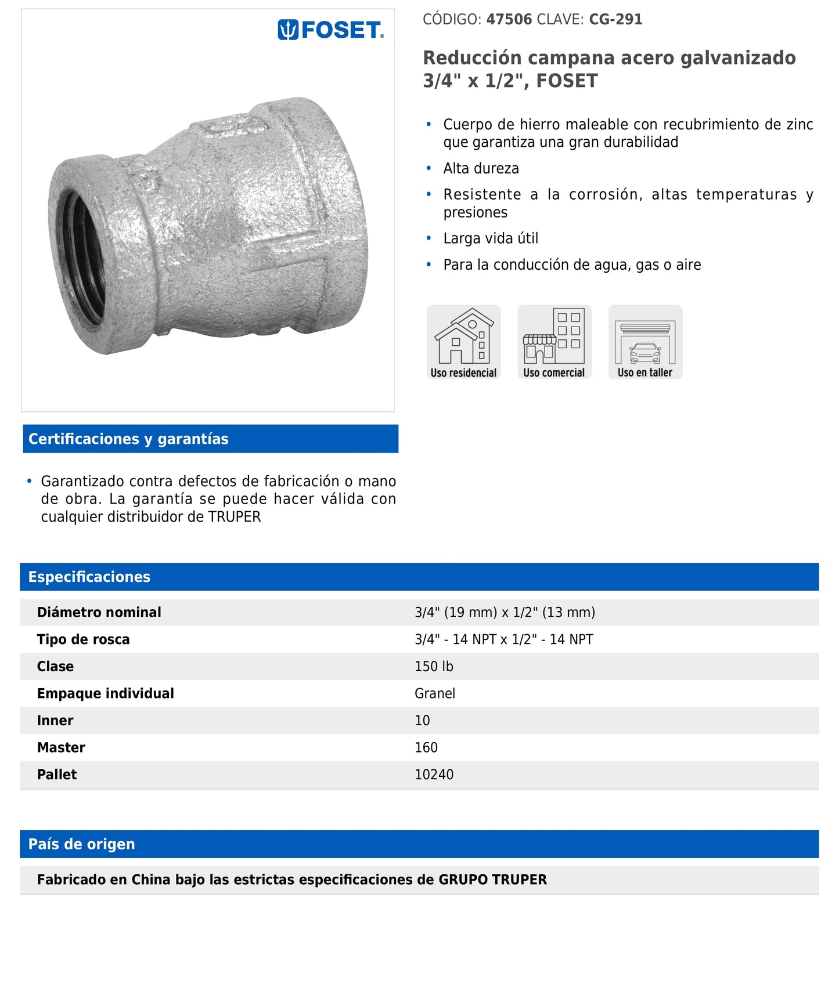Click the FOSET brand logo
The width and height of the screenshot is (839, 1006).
(330, 30)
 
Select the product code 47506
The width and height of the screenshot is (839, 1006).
(509, 20)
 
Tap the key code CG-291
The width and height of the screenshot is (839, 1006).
(615, 20)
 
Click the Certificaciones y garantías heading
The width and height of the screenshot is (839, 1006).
(128, 439)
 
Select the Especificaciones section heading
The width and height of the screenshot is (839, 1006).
(89, 577)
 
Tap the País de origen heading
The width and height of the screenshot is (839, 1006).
(82, 844)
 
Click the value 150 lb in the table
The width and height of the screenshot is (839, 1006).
(434, 667)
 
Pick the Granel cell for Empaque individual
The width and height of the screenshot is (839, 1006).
(434, 694)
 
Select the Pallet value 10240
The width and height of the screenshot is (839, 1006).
(434, 775)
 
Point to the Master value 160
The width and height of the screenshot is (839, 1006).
(426, 748)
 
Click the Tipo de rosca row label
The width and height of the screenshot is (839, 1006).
(83, 640)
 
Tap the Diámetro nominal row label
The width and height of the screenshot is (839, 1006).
(99, 613)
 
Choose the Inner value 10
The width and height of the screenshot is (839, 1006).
(422, 721)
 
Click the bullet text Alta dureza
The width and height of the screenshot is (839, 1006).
(481, 169)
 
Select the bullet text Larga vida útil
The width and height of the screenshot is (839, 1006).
(491, 238)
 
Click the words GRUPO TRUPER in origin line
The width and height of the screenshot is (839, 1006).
(492, 880)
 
